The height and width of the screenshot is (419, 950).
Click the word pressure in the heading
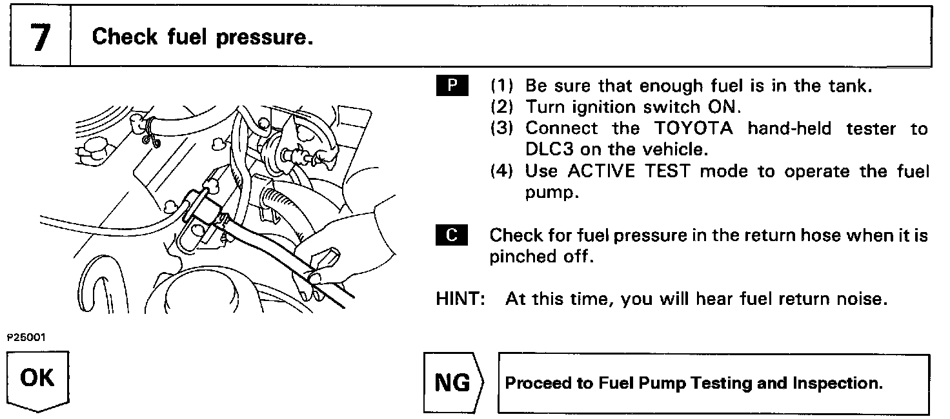coord(264,37)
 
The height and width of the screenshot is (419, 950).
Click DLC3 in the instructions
coord(549,150)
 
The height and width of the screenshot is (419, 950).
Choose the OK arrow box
coord(38,379)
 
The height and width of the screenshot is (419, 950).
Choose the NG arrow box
coord(452,384)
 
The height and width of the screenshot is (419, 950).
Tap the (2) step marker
coord(503,107)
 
